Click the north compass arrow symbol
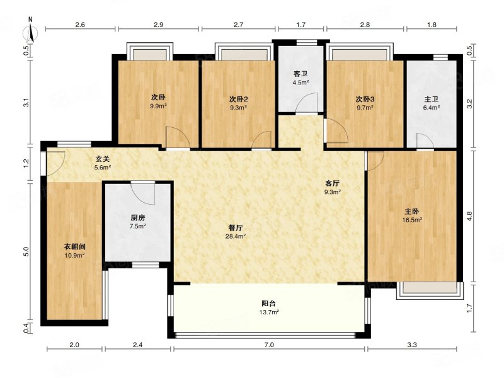click(x=31, y=32)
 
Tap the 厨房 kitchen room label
click(x=137, y=218)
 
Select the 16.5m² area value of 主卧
click(x=412, y=220)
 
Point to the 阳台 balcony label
click(x=269, y=304)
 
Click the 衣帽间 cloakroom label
click(x=74, y=247)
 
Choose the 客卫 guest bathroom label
click(x=301, y=74)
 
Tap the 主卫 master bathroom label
click(x=431, y=100)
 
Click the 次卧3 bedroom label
click(x=365, y=100)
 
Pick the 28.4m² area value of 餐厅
click(x=236, y=237)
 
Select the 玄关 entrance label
click(x=103, y=159)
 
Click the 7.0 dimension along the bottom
click(x=269, y=345)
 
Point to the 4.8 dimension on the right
click(x=469, y=215)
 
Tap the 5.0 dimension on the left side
click(x=26, y=251)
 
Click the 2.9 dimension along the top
click(x=159, y=25)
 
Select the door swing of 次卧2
click(x=261, y=139)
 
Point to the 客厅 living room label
click(x=333, y=183)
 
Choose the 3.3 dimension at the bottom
click(x=412, y=345)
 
